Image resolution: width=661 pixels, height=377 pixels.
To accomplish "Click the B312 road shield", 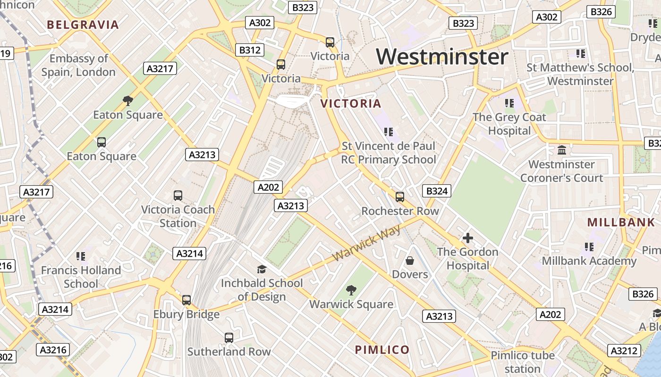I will pyautogui.click(x=250, y=50).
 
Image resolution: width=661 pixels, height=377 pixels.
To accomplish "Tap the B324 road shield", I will pyautogui.click(x=436, y=191).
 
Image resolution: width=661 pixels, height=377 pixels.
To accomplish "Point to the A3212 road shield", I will pyautogui.click(x=625, y=351).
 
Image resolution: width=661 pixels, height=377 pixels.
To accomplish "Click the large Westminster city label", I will pyautogui.click(x=442, y=57).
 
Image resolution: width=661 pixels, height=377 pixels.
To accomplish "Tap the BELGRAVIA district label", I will pyautogui.click(x=83, y=25).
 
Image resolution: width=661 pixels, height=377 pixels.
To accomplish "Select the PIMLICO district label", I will pyautogui.click(x=382, y=350).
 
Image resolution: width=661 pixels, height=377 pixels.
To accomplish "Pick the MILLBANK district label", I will pyautogui.click(x=621, y=222).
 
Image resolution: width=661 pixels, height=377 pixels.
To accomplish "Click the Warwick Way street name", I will pyautogui.click(x=366, y=243).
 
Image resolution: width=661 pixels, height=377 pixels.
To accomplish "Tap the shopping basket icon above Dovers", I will pyautogui.click(x=410, y=261).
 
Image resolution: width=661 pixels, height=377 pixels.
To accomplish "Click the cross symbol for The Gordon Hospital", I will pyautogui.click(x=468, y=238).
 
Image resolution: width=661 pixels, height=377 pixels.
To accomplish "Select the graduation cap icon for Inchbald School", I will pyautogui.click(x=262, y=269).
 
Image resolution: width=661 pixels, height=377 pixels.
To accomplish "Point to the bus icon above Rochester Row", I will pyautogui.click(x=400, y=197).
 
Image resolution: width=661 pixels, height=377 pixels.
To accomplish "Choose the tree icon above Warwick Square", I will pyautogui.click(x=351, y=290).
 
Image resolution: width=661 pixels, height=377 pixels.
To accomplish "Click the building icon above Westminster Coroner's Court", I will pyautogui.click(x=562, y=150).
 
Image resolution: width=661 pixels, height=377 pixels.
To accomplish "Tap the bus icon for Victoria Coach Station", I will pyautogui.click(x=178, y=196).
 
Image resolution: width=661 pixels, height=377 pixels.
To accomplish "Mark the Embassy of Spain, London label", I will pyautogui.click(x=78, y=65).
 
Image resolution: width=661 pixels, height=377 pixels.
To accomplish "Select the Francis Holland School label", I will pyautogui.click(x=81, y=277).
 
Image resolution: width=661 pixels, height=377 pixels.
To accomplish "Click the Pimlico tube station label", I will pyautogui.click(x=523, y=362).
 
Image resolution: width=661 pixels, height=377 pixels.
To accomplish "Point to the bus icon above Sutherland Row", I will pyautogui.click(x=229, y=338).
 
